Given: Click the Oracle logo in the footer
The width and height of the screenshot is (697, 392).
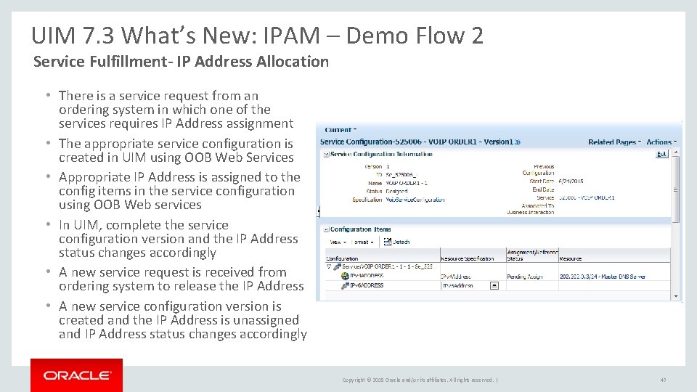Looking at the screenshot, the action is [76, 375].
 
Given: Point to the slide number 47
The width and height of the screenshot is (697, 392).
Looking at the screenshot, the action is [663, 380].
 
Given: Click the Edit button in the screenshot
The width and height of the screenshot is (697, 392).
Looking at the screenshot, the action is [661, 154].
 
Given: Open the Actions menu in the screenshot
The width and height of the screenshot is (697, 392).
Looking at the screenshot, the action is [661, 142].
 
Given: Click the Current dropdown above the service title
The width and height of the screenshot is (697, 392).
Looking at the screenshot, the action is [340, 130].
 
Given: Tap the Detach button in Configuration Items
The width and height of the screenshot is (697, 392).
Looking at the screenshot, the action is [398, 241].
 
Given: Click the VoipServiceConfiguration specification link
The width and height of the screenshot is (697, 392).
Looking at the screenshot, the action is [415, 200].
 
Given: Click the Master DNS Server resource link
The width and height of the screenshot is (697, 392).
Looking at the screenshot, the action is [602, 277].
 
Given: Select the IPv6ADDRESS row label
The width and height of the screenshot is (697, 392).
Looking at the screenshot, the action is [366, 285].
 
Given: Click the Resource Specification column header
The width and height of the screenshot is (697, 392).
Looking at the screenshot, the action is [468, 258].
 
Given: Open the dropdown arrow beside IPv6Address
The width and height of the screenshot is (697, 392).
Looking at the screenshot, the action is [494, 285].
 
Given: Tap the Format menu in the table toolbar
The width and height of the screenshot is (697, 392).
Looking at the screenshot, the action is [361, 242].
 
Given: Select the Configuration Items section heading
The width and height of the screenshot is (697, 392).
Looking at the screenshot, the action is [361, 229].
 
